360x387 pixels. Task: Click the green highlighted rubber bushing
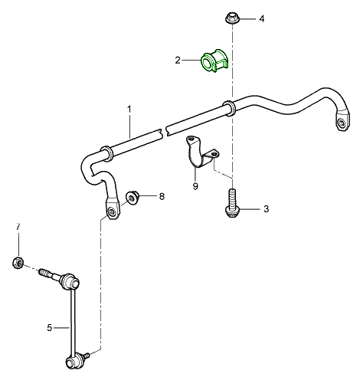[x=215, y=61]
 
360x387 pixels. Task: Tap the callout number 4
[x=262, y=18]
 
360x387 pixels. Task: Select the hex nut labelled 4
[x=232, y=18]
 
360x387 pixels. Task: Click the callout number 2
[x=178, y=61]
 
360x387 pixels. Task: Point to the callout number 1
[x=129, y=110]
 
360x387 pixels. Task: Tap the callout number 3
[x=266, y=209]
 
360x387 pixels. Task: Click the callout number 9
[x=195, y=186]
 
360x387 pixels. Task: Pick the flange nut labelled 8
[x=133, y=198]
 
